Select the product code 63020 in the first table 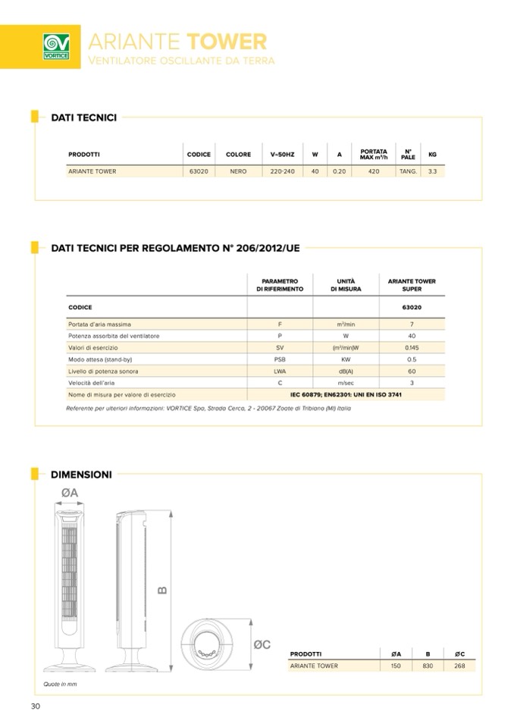pyautogui.click(x=199, y=171)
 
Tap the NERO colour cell pyautogui.click(x=238, y=171)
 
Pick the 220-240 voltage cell pyautogui.click(x=282, y=171)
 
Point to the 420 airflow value pyautogui.click(x=374, y=171)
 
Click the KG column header pyautogui.click(x=432, y=155)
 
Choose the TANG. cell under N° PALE pyautogui.click(x=408, y=171)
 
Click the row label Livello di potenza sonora pyautogui.click(x=103, y=371)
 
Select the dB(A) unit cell pyautogui.click(x=346, y=371)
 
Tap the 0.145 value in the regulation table pyautogui.click(x=412, y=348)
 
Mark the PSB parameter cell pyautogui.click(x=280, y=359)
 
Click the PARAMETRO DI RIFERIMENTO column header pyautogui.click(x=280, y=285)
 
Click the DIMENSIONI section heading pyautogui.click(x=81, y=475)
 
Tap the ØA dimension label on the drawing pyautogui.click(x=70, y=494)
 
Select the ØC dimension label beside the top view pyautogui.click(x=262, y=644)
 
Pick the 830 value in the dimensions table pyautogui.click(x=428, y=666)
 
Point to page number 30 pyautogui.click(x=35, y=707)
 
